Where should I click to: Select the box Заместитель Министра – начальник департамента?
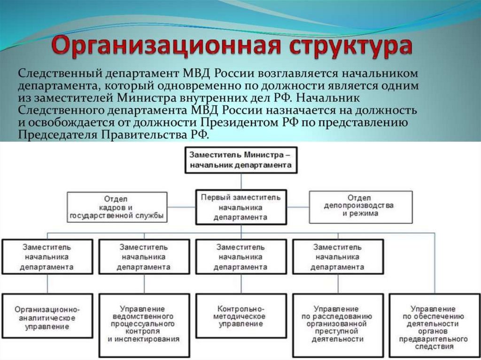coord(240,160)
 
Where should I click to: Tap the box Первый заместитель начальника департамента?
coord(240,207)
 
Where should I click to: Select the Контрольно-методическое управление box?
coord(241,316)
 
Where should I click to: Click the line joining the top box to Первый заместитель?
coord(241,181)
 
